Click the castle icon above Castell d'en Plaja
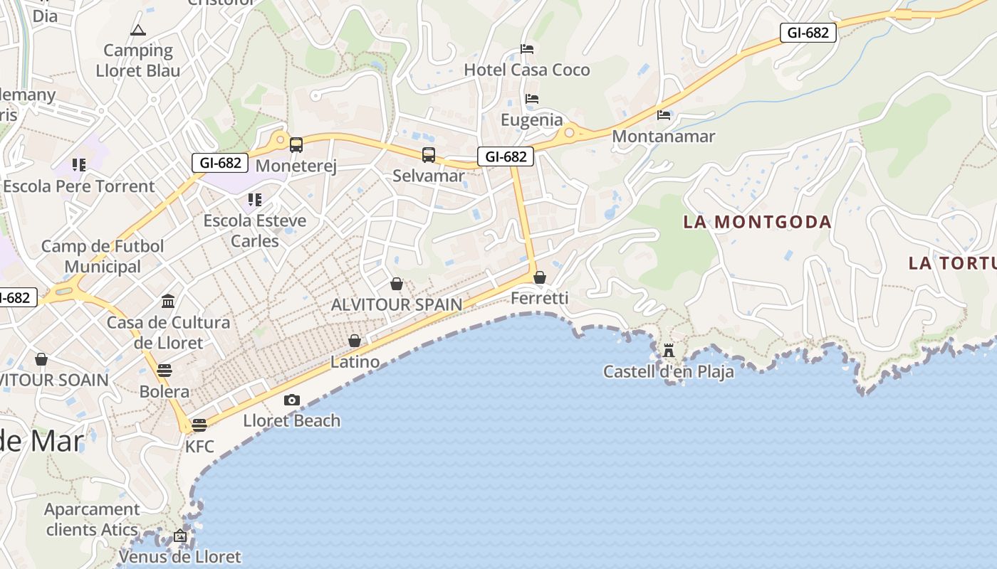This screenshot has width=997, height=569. (x=668, y=350)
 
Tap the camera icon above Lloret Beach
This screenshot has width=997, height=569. (x=292, y=400)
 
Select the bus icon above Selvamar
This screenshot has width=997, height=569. (x=429, y=154)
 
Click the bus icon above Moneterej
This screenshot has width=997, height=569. (x=296, y=145)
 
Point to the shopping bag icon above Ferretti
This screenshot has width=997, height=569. (x=540, y=277)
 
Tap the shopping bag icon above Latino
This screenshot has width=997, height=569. (x=355, y=341)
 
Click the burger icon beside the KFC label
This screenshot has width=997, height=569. (x=199, y=425)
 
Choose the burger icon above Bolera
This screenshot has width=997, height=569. (x=165, y=371)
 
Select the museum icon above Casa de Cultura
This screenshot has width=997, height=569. (x=168, y=302)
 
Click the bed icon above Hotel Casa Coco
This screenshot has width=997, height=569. (x=527, y=49)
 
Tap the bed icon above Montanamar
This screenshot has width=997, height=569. (x=664, y=115)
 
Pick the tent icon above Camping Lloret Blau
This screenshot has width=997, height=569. (x=137, y=30)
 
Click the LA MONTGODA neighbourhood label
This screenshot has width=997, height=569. (x=757, y=222)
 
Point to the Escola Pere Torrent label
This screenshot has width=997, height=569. (x=79, y=186)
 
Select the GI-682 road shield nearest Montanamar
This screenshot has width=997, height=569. (x=808, y=33)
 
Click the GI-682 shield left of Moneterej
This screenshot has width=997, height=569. (x=220, y=163)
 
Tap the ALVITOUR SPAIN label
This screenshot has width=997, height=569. (x=397, y=304)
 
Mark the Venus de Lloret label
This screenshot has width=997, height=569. (x=180, y=556)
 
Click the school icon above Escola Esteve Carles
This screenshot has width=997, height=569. (x=255, y=200)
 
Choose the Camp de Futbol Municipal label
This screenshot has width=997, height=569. (x=103, y=256)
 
